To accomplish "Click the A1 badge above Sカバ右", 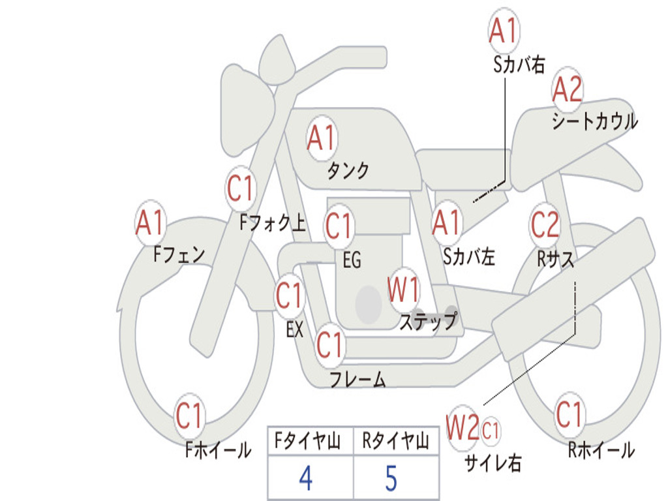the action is [x=503, y=31].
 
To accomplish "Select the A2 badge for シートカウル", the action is [x=568, y=90].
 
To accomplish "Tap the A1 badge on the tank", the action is [x=321, y=138].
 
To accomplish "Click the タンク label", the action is [x=348, y=171].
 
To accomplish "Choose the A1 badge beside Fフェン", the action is [x=150, y=223].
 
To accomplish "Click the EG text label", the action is [x=352, y=261].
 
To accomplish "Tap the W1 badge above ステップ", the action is [x=404, y=290].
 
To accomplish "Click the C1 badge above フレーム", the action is [x=330, y=344].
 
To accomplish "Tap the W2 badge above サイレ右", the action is [x=462, y=429].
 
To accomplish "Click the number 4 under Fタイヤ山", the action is [x=306, y=478].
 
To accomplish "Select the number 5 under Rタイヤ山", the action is [x=391, y=478].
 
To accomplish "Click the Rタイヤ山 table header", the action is [x=395, y=443].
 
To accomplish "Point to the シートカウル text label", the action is [x=594, y=122].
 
